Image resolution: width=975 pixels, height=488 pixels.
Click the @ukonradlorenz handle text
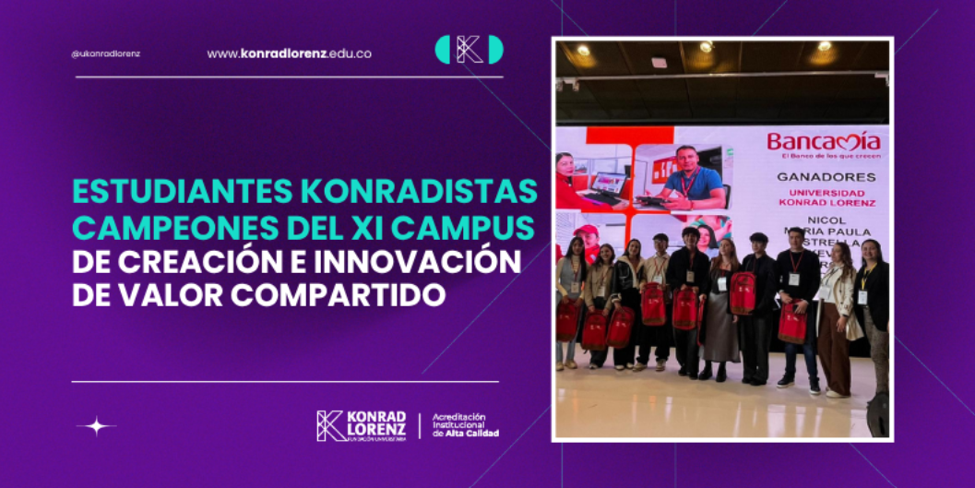coord(105,54)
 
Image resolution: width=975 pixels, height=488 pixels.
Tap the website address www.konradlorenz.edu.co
coord(289,54)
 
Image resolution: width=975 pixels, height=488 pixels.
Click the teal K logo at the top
coord(469,50)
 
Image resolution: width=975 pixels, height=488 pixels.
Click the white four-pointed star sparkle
coord(96,426)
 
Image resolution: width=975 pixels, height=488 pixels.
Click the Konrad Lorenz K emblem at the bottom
coord(330,425)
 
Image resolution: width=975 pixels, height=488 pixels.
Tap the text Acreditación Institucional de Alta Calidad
coord(466,425)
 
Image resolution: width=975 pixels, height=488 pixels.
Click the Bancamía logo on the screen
coord(823,142)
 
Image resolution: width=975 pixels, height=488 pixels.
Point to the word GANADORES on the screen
coord(826,176)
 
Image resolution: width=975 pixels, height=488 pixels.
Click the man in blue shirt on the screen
coord(691,180)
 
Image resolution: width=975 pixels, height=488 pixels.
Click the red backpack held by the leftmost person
coord(567,319)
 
